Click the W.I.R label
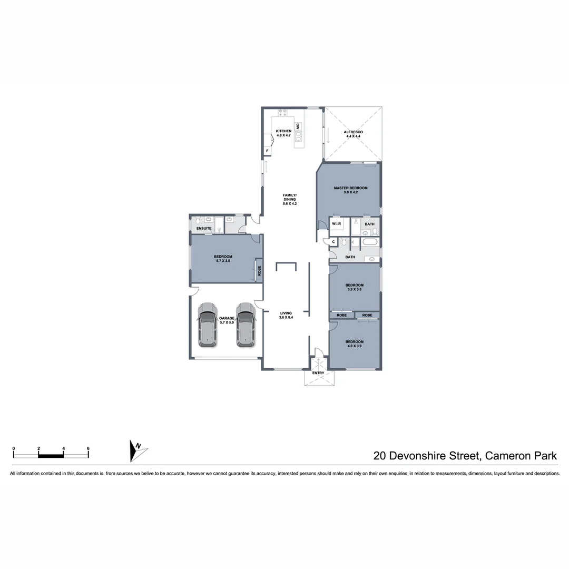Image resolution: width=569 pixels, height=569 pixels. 337,224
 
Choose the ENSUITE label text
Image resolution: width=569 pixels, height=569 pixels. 204,228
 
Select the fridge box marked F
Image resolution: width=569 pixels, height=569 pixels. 268,151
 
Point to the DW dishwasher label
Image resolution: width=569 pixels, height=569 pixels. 298,126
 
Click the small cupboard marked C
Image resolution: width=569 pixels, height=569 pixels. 333,242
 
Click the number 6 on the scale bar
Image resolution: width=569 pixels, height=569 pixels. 88,448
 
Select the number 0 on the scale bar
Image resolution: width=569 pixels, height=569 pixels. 14,448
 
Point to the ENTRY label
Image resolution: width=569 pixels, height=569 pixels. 318,373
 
